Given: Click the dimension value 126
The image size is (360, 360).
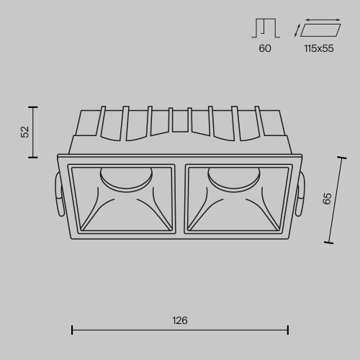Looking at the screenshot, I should click(x=180, y=321).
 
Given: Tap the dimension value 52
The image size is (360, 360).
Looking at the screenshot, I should click(x=25, y=131).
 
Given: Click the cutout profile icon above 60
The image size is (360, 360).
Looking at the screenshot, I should click(x=265, y=28).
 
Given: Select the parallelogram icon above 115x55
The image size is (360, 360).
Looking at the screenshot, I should click(x=320, y=30).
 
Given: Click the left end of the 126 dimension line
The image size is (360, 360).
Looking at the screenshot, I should click(x=72, y=330).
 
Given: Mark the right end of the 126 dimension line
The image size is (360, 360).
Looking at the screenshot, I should click(x=288, y=330).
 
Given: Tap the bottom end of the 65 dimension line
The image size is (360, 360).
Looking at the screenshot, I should click(x=328, y=243).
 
